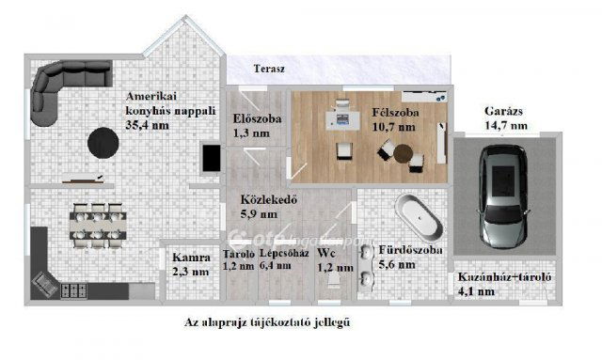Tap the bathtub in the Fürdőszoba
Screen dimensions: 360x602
(x=417, y=217)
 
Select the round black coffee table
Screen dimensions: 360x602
(x=103, y=143)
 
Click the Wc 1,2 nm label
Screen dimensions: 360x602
(x=326, y=259)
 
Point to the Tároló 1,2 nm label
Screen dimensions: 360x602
(x=238, y=259)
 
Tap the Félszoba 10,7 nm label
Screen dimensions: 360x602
(x=394, y=118)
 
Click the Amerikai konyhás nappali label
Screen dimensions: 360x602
(x=161, y=110)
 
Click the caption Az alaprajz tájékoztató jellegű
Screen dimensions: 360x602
(x=273, y=322)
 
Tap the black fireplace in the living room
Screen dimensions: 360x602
(x=207, y=159)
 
